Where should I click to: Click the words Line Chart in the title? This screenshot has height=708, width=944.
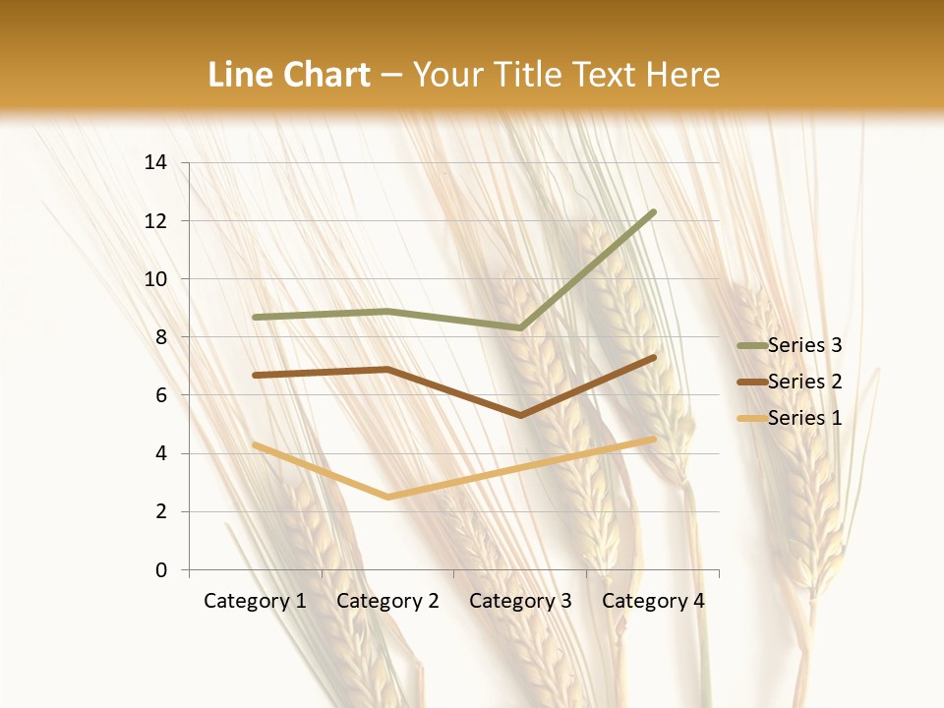(x=289, y=75)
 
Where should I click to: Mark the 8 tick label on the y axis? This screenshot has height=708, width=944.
(x=161, y=337)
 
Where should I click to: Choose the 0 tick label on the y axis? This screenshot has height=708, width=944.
(x=161, y=570)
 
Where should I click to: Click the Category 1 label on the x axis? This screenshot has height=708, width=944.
(x=255, y=601)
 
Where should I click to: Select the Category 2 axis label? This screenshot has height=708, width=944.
(x=387, y=601)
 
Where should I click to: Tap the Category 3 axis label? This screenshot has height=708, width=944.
(x=520, y=601)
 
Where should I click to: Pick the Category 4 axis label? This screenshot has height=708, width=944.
(x=653, y=601)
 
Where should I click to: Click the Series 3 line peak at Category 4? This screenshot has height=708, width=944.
(x=653, y=212)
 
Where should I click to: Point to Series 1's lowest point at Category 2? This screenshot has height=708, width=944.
(x=387, y=497)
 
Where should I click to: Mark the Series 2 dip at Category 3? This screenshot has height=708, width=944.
(x=520, y=415)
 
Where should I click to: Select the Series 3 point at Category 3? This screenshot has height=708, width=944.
(x=520, y=327)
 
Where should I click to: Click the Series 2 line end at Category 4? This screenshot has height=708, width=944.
(x=653, y=358)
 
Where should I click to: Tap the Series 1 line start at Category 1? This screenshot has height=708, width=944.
(x=255, y=444)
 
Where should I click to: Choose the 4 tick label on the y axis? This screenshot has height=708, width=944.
(x=161, y=454)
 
